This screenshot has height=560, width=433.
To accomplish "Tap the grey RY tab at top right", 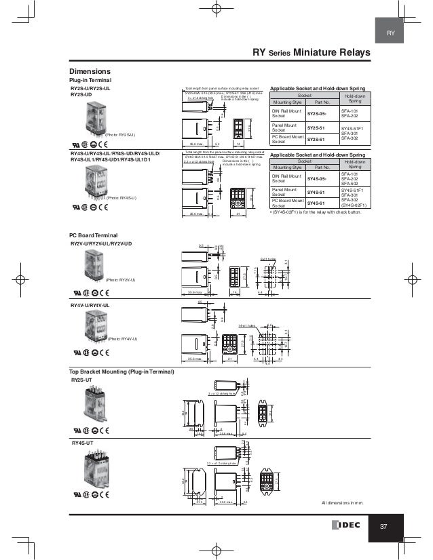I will tap(390, 33).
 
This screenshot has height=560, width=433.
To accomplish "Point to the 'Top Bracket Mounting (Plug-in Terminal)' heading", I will tap(121, 372).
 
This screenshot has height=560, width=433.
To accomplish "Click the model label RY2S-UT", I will tap(81, 382).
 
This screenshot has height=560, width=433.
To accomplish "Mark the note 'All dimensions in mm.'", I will tap(343, 504).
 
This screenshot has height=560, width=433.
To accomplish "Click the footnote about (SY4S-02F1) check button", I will tap(316, 212).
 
